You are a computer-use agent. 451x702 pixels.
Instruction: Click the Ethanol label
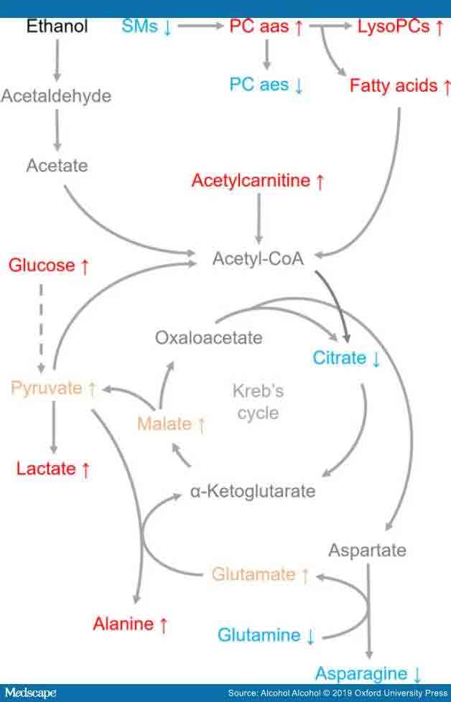coord(57,27)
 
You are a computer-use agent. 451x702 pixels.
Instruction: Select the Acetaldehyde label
coord(56,95)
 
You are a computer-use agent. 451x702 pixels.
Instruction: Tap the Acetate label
coord(57,165)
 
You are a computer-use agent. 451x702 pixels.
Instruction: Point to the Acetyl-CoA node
coord(258,258)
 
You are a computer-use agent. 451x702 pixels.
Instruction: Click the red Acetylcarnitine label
coord(258,181)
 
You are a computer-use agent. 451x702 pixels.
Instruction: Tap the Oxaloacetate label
coord(209,337)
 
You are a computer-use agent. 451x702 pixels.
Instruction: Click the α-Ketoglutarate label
coord(253,492)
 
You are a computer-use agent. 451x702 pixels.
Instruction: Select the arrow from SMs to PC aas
coord(200,27)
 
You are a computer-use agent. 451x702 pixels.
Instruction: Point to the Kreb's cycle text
coord(258,402)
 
